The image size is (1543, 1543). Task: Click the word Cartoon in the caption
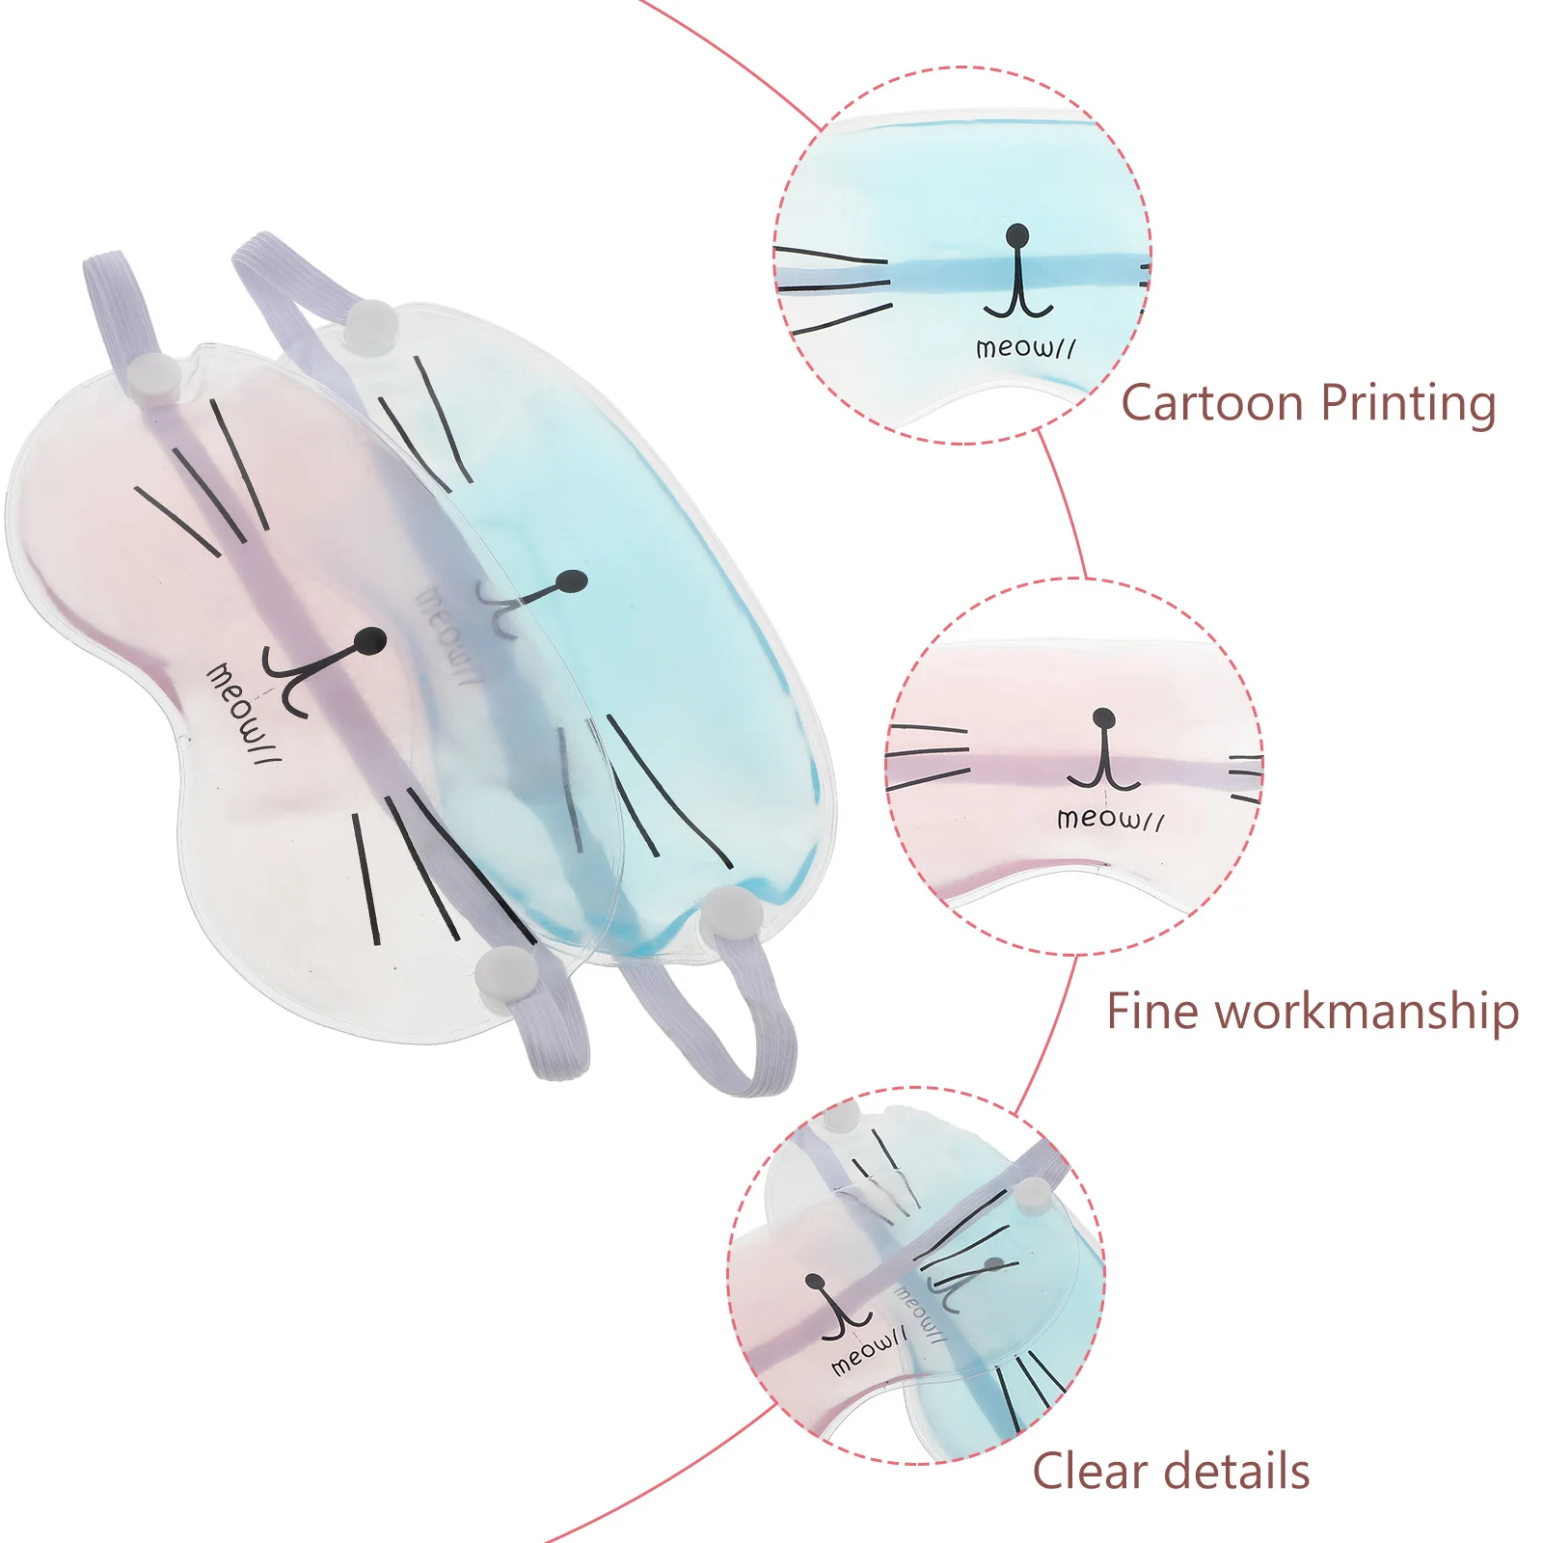(1209, 403)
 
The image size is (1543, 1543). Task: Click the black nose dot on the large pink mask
(371, 639)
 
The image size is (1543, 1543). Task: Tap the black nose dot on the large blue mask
(572, 582)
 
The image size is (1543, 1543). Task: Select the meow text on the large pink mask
(243, 714)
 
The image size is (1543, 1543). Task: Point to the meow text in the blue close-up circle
(1025, 347)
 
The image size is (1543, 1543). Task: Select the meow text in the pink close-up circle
(1110, 819)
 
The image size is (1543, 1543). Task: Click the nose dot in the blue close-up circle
(1016, 234)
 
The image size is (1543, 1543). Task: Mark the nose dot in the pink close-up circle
(1103, 717)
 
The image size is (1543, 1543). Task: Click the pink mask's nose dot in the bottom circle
(816, 1283)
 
